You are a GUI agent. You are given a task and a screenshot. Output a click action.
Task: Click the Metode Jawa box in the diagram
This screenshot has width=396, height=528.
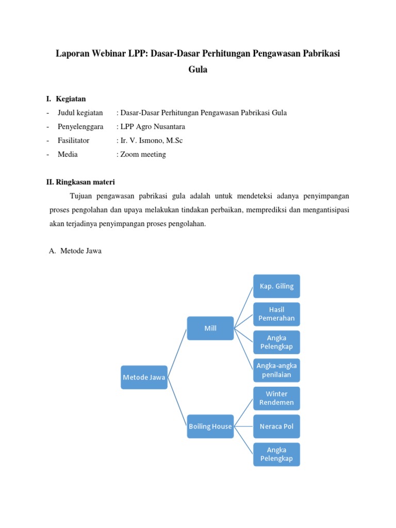[x=144, y=377]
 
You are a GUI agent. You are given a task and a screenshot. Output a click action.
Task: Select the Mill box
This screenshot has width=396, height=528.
[x=210, y=328]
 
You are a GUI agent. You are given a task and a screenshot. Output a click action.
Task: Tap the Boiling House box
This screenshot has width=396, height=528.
[x=210, y=426]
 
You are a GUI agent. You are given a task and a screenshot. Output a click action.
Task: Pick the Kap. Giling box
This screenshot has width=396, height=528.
[x=276, y=286]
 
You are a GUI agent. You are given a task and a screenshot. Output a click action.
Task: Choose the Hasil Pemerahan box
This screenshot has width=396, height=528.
[x=276, y=314]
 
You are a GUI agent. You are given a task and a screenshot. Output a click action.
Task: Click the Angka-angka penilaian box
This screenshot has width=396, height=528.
[x=276, y=370]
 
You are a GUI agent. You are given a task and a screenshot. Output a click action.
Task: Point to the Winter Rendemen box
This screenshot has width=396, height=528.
[x=276, y=398]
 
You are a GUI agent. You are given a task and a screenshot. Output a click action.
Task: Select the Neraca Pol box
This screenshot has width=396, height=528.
[x=276, y=426]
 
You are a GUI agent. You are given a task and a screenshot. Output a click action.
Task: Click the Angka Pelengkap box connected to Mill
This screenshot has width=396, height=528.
[x=276, y=342]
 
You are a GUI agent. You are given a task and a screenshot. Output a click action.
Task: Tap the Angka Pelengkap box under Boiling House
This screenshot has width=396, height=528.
[x=276, y=454]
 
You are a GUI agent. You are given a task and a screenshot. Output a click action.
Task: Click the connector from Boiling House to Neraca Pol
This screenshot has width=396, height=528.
[x=243, y=426]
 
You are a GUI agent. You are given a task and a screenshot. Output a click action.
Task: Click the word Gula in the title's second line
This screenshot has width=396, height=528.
[x=198, y=70]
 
